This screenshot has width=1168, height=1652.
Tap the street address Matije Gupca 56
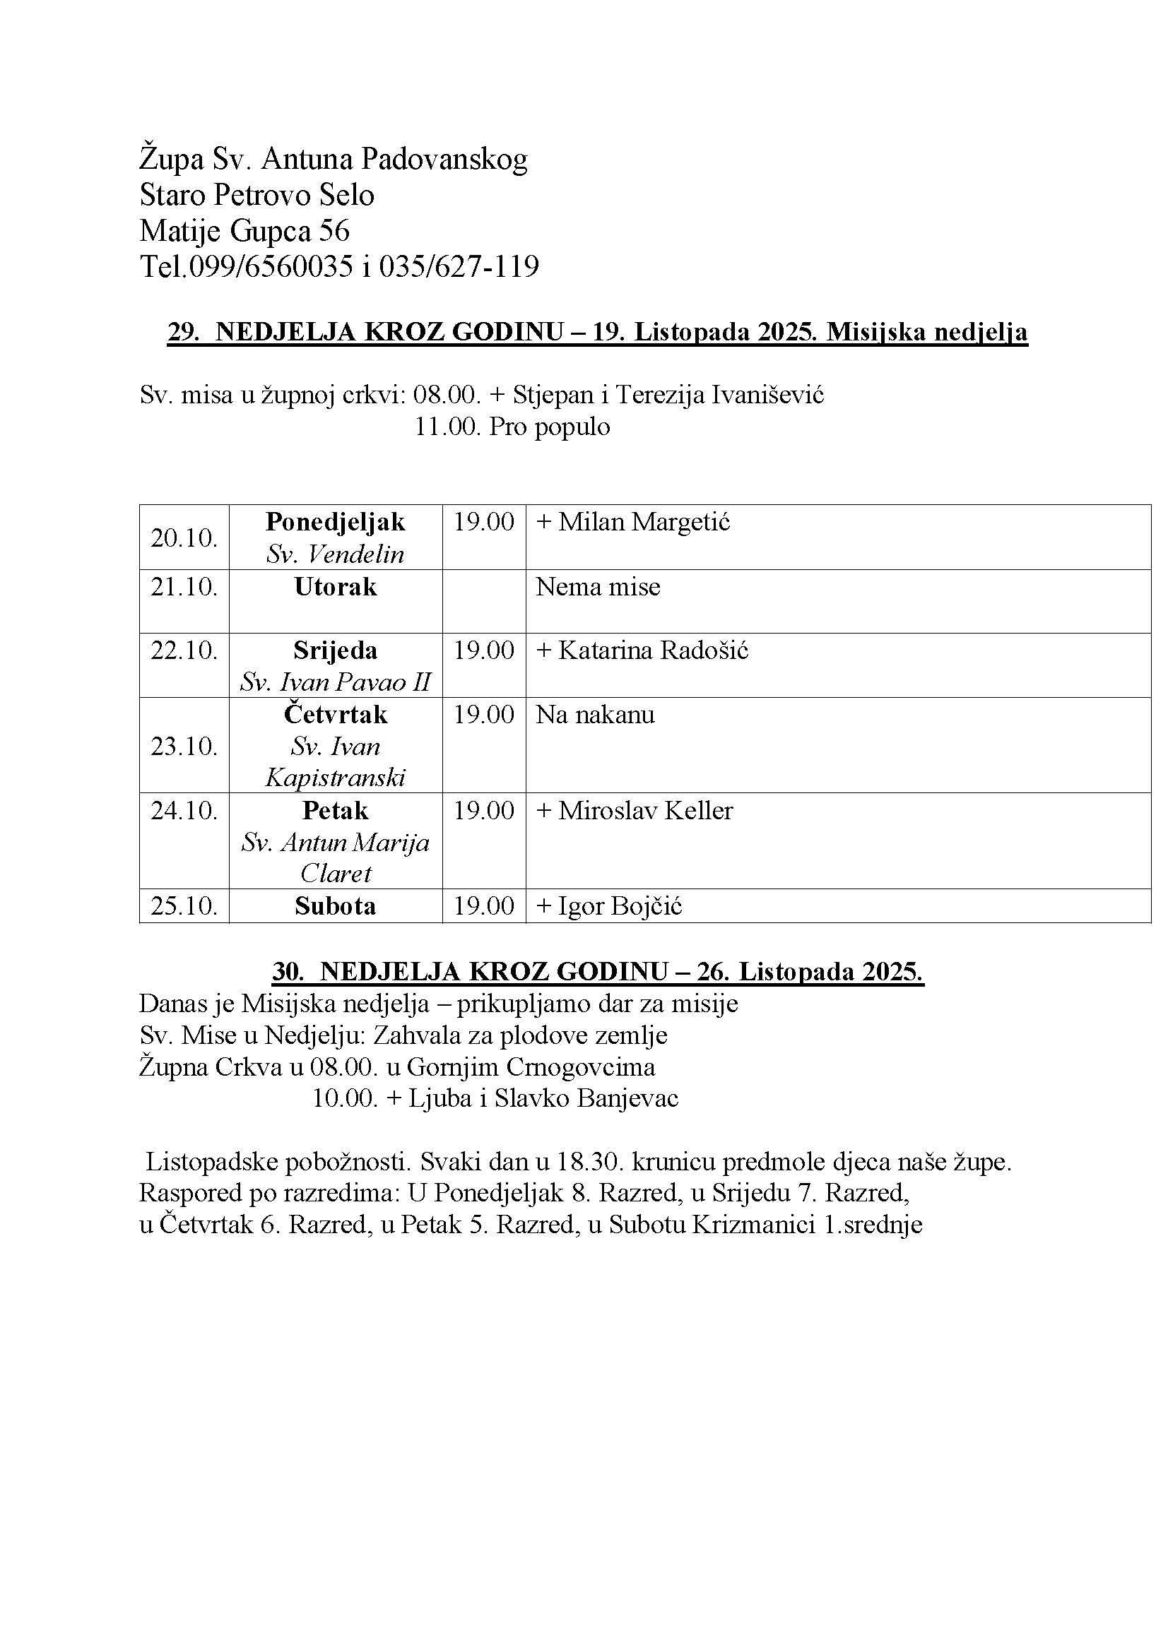coord(244,231)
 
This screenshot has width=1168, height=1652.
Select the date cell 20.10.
coord(184,537)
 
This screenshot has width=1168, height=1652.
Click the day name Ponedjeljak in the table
coord(336,522)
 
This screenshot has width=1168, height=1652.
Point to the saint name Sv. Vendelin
coord(336,554)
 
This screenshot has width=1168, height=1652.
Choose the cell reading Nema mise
coord(597,587)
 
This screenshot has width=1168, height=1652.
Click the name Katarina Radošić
coord(654,650)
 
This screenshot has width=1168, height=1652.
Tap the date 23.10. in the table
coord(184,746)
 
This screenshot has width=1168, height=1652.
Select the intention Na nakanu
coord(595,715)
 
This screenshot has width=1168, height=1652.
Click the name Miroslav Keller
coord(646,811)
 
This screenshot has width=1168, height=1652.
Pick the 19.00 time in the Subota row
coord(483,906)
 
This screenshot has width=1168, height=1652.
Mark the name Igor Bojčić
coord(620,906)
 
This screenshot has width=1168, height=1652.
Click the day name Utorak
coord(336,587)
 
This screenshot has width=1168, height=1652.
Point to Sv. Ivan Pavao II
coord(336,682)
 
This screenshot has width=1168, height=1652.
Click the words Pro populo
coord(550,427)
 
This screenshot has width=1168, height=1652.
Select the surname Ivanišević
coord(767,395)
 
